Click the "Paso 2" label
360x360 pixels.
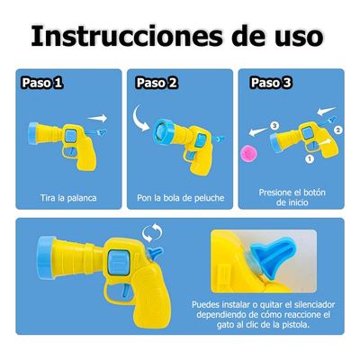point(157,83)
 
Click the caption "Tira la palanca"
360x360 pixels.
point(67,196)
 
